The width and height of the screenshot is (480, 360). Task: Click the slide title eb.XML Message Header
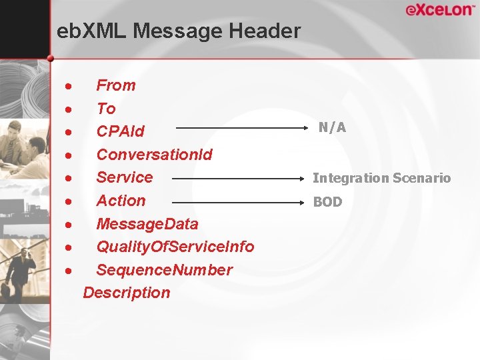[179, 31]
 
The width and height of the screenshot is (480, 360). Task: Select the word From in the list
[116, 85]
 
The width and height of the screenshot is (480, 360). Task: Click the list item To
[106, 109]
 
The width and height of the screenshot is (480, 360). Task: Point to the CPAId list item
[121, 131]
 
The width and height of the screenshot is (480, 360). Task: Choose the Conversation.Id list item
[155, 155]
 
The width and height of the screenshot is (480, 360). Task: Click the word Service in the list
[125, 177]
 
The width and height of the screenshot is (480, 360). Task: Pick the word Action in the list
[121, 201]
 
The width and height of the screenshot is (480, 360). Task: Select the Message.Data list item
[147, 224]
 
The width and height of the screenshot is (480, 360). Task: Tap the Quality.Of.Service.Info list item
[175, 247]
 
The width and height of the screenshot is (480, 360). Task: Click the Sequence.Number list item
[165, 270]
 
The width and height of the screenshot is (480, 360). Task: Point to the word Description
[127, 293]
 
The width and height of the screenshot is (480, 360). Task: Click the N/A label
[332, 127]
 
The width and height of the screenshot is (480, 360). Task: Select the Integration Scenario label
[382, 178]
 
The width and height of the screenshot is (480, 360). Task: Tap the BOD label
[327, 202]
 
